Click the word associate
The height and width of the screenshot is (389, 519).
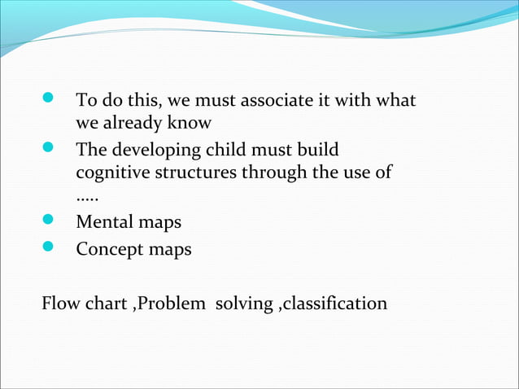point(276,101)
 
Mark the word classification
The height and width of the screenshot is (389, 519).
point(335,304)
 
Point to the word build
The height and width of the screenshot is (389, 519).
point(317,151)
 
